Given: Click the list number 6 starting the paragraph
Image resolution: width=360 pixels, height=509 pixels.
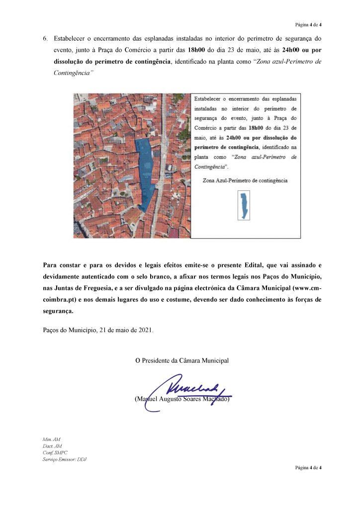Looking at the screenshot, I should click(45, 38).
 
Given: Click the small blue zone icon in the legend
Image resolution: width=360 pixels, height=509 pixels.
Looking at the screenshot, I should click(244, 206).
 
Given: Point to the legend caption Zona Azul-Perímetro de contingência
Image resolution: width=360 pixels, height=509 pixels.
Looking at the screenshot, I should click(245, 180).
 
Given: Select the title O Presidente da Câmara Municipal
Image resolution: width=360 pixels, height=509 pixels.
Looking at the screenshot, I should click(182, 360).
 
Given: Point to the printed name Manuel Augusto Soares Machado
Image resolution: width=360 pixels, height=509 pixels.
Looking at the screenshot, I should click(182, 399).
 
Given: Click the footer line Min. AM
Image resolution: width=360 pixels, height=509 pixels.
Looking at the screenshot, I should click(52, 439).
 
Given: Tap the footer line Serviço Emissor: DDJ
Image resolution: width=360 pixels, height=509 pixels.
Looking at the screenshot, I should click(65, 459).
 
